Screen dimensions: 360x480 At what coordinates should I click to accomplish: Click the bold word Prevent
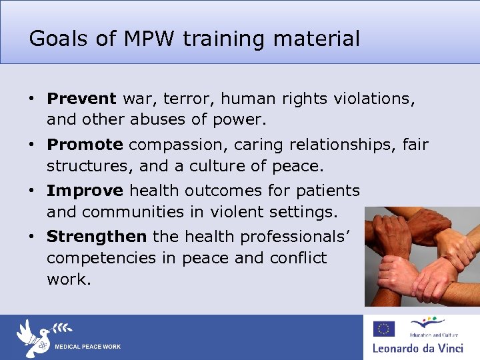click(x=81, y=99)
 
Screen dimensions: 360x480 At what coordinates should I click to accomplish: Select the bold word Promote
click(x=85, y=145)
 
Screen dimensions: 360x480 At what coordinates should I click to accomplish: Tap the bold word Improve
click(x=85, y=191)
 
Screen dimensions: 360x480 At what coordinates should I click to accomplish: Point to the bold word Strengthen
click(x=97, y=237)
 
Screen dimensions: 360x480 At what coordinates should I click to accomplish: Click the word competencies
click(x=103, y=258)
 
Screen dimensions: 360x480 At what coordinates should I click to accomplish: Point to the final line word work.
click(x=68, y=279)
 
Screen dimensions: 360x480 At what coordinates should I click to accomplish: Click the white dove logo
click(x=33, y=337)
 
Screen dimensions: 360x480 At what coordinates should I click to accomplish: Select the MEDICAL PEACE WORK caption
click(x=87, y=347)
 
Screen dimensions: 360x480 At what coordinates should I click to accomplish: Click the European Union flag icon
click(x=383, y=329)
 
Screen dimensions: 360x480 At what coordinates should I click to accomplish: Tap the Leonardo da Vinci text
click(x=421, y=347)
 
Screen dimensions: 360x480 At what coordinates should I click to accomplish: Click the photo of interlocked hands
click(x=422, y=256)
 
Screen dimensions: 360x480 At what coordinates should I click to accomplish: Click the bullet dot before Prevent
click(x=31, y=99)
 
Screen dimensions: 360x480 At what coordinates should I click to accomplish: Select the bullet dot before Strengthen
click(x=31, y=237)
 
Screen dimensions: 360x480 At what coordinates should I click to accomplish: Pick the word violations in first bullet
click(x=375, y=99)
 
